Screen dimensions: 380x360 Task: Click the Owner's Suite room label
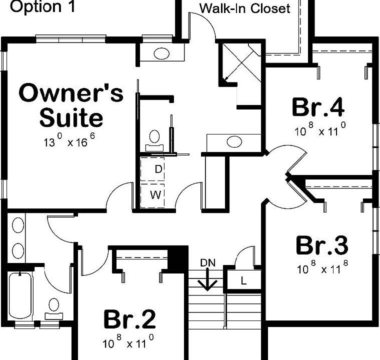coord(71,104)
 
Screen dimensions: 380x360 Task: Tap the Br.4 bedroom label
coord(318,106)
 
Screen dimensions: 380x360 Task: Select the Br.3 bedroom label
coord(322,245)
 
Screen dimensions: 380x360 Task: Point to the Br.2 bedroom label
coord(129,319)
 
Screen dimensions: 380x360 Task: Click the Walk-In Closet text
coord(244,8)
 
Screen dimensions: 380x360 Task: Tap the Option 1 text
coord(42,6)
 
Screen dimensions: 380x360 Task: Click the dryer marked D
coord(152,169)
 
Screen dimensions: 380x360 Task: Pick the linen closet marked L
coord(243,280)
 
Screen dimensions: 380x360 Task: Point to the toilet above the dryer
coord(154,140)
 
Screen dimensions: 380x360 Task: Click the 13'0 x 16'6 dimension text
coord(69,140)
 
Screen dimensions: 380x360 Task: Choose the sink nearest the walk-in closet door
coord(161,53)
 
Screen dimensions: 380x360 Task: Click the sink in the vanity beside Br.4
coord(234,141)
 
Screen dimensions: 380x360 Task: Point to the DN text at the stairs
coord(208,263)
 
